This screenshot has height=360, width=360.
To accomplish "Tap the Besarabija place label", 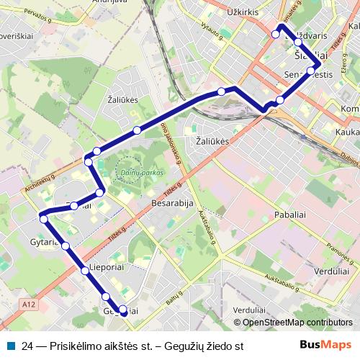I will coord(174,204).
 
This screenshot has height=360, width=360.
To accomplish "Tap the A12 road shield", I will coord(28,305).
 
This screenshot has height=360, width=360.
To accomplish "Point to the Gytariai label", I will coord(44,242).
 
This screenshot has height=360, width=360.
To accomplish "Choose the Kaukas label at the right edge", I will coord(348,132).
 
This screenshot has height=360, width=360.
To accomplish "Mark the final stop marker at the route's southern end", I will coord(123,312).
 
